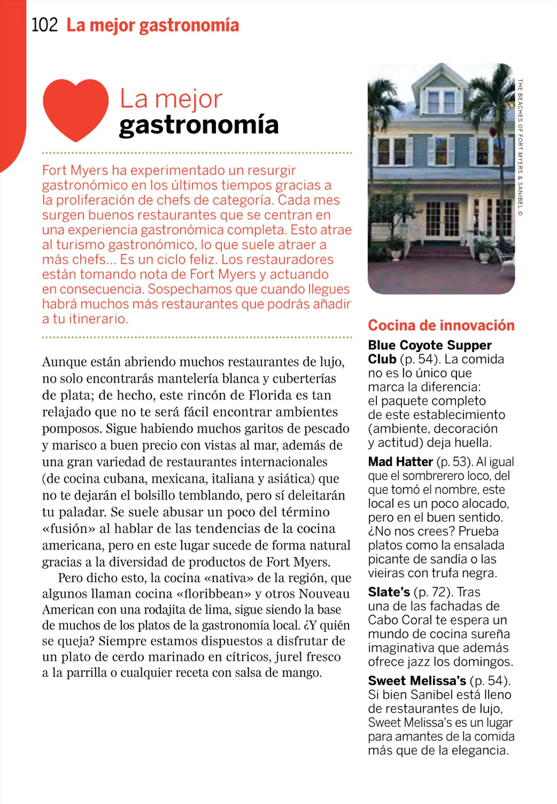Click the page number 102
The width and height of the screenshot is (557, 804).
pos(45,25)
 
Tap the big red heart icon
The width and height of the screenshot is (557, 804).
pos(76,109)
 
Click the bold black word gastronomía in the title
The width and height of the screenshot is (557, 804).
pos(199,125)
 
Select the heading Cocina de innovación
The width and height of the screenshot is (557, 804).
pos(441,325)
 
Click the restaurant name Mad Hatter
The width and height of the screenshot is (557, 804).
pos(400,462)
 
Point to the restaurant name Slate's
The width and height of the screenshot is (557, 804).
pos(389,592)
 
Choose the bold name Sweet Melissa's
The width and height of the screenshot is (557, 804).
pos(417,681)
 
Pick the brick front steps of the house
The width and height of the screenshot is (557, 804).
pos(445,253)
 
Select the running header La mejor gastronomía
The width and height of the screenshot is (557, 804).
pos(153,25)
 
